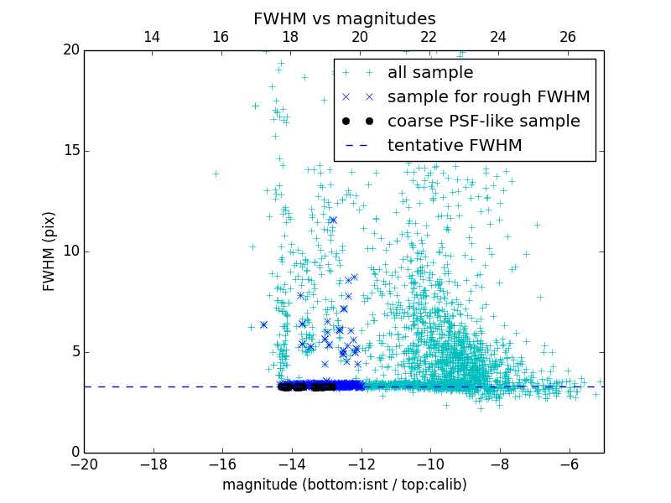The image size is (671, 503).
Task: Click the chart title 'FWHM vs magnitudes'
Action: point(344,18)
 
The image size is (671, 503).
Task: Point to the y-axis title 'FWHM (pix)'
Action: point(49,251)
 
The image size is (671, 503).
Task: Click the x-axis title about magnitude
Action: point(344,485)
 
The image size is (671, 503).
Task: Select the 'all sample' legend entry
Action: point(430,73)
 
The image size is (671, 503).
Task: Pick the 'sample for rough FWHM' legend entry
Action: point(488,96)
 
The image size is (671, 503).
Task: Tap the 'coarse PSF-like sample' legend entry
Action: point(483,121)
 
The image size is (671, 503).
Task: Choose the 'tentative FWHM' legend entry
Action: point(455,145)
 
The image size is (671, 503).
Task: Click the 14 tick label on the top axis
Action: point(152,37)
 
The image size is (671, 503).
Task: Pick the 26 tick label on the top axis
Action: point(568,37)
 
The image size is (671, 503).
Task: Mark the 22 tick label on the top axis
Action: point(429,37)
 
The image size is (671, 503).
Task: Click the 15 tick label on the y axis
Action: point(70,151)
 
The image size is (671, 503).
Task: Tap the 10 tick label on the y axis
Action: point(70,251)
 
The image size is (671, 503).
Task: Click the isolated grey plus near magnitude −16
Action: point(216,174)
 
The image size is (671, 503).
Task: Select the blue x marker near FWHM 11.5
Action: point(333,220)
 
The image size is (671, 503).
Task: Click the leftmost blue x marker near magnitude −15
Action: point(263,324)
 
